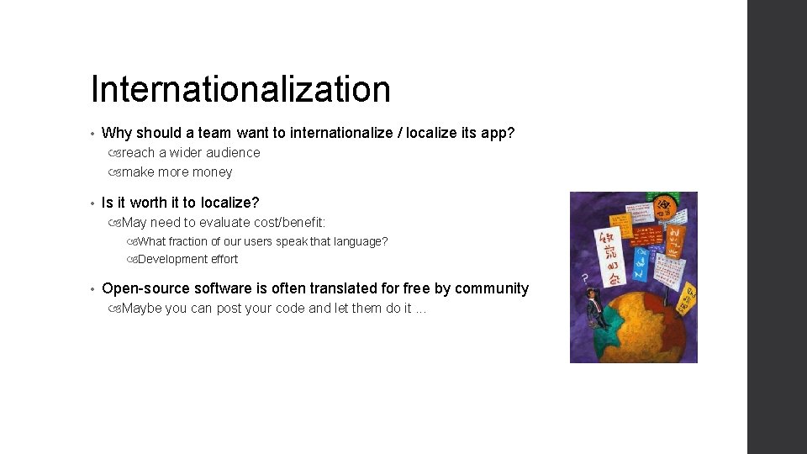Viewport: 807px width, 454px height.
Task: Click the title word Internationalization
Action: (240, 89)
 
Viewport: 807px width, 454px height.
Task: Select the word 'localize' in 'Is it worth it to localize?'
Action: (229, 203)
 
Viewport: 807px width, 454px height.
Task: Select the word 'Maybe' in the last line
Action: (142, 308)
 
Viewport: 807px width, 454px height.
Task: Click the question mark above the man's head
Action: (583, 277)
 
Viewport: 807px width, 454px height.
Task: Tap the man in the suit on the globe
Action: (594, 309)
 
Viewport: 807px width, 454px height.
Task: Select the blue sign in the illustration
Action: (641, 261)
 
